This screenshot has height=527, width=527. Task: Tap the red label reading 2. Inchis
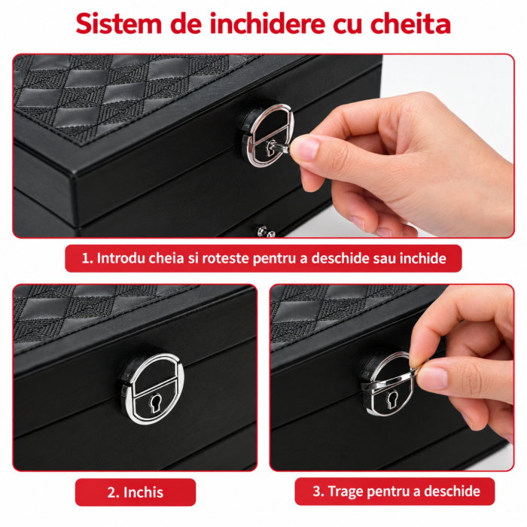tap(135, 492)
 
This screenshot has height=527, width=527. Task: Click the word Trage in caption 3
tap(345, 492)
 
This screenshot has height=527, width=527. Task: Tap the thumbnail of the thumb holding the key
tap(305, 148)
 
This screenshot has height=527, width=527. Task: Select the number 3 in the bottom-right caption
tap(317, 491)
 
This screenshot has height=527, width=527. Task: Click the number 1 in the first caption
tap(86, 258)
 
